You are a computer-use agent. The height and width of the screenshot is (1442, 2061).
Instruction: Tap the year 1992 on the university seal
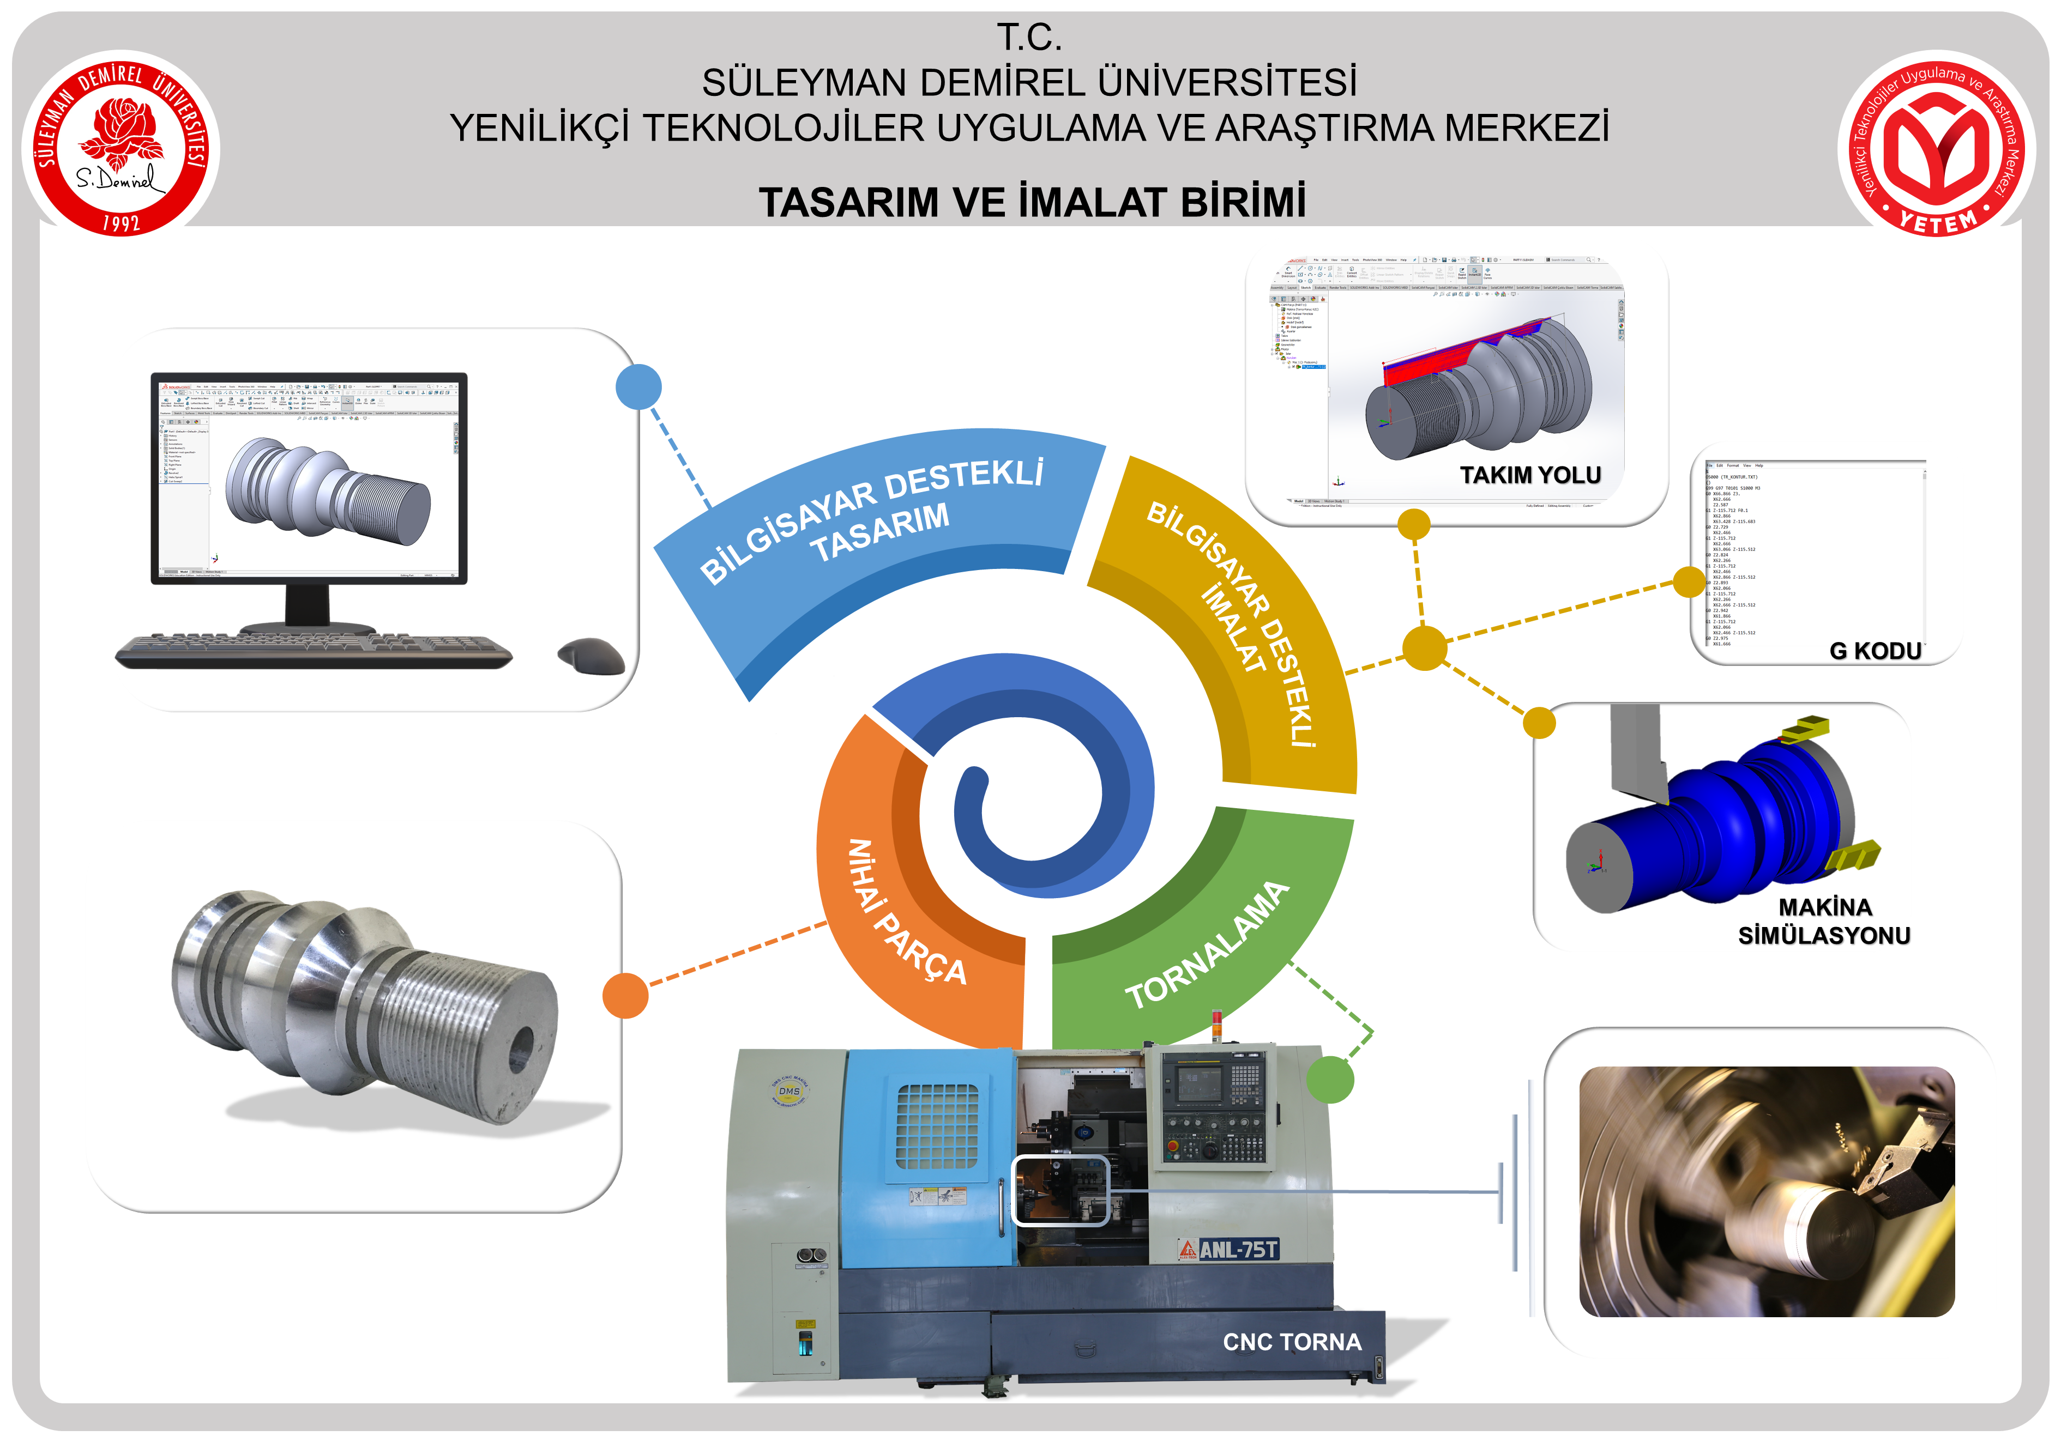[121, 222]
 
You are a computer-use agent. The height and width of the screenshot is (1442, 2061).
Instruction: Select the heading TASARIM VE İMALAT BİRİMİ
[1032, 202]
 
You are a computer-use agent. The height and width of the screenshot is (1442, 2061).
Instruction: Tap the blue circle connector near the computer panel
[638, 387]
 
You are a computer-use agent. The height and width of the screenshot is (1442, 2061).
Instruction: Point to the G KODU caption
[1875, 651]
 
